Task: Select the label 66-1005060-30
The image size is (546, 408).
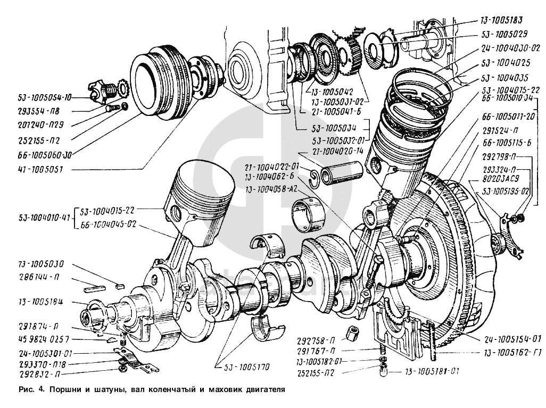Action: tap(39, 155)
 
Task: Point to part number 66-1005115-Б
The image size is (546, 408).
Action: tap(507, 143)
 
